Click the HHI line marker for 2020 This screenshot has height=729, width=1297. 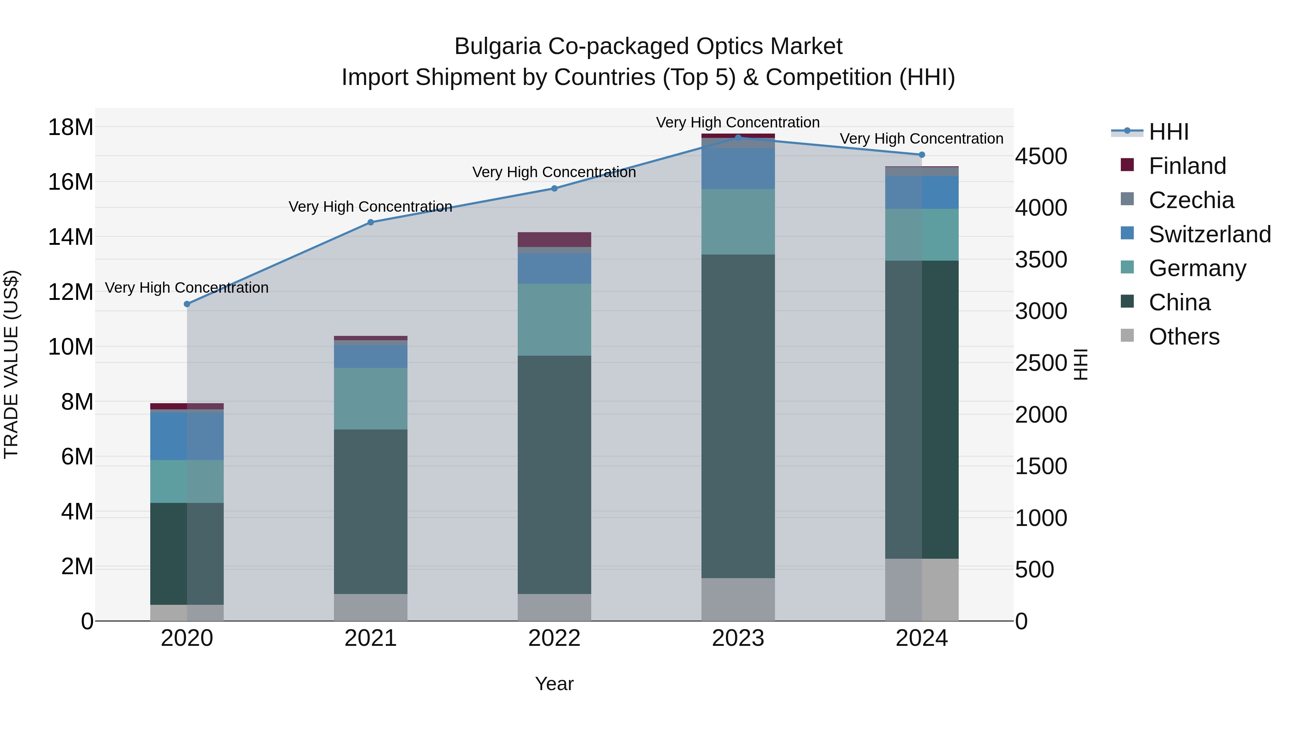point(187,304)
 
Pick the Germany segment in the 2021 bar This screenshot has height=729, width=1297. point(371,399)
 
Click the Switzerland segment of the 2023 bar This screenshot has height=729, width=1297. point(738,168)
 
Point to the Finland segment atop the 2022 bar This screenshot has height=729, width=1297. point(554,239)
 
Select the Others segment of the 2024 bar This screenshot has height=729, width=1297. point(922,590)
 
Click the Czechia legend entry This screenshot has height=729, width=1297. point(1191,200)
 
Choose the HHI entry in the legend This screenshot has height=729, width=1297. point(1168,132)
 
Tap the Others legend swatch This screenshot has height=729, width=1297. point(1127,336)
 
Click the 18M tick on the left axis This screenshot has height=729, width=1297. point(71,127)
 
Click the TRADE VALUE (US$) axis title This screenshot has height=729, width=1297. point(11,364)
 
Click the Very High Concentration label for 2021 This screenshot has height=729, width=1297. point(371,207)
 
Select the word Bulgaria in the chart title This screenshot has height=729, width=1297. point(498,47)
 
